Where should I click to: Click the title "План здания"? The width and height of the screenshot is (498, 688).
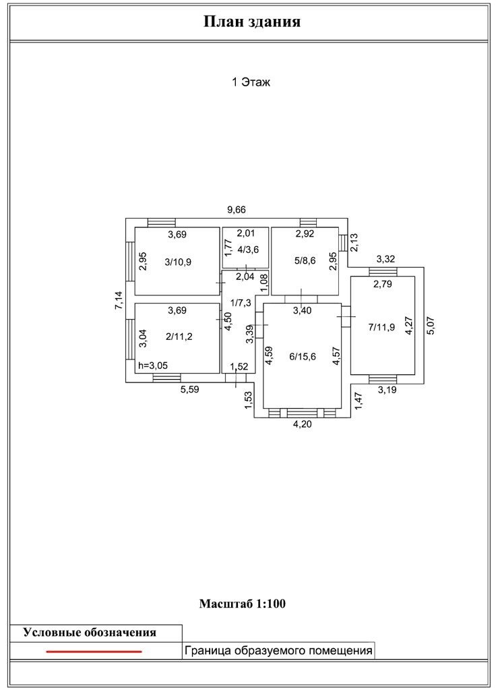pyautogui.click(x=252, y=22)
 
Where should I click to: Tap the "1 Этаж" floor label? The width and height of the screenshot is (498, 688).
pyautogui.click(x=251, y=82)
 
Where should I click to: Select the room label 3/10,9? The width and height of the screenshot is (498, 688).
pyautogui.click(x=178, y=262)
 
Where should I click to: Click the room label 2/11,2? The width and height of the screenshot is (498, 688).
pyautogui.click(x=179, y=337)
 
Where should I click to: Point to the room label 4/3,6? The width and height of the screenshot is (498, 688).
pyautogui.click(x=248, y=250)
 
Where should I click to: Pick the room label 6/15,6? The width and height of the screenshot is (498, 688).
pyautogui.click(x=303, y=356)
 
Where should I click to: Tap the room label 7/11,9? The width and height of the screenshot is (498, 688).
pyautogui.click(x=381, y=326)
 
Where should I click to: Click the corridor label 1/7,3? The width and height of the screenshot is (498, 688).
pyautogui.click(x=240, y=302)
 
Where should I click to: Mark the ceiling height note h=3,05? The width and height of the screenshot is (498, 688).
pyautogui.click(x=152, y=365)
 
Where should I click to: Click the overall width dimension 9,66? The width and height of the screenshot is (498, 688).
pyautogui.click(x=237, y=210)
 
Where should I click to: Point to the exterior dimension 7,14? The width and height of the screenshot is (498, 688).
pyautogui.click(x=119, y=301)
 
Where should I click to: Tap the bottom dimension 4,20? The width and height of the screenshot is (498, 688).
pyautogui.click(x=303, y=424)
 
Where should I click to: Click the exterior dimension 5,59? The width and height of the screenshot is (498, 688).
pyautogui.click(x=190, y=389)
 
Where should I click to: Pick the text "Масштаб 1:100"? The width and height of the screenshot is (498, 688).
pyautogui.click(x=243, y=604)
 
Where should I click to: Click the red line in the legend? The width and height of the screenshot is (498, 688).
pyautogui.click(x=94, y=652)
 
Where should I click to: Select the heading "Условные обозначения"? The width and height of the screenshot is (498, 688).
pyautogui.click(x=90, y=633)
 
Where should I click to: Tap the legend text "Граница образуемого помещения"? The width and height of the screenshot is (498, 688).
pyautogui.click(x=278, y=650)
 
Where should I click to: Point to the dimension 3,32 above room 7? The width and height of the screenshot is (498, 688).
pyautogui.click(x=385, y=259)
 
